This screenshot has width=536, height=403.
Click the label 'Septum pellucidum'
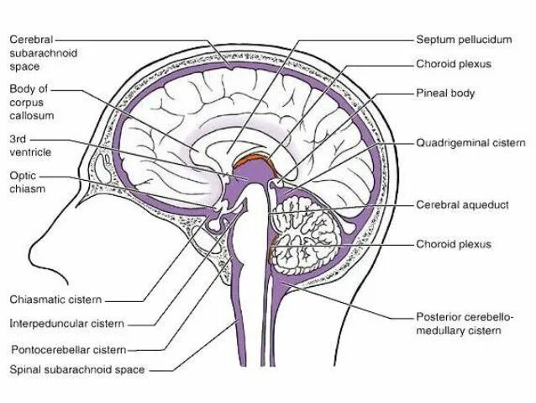click(x=465, y=40)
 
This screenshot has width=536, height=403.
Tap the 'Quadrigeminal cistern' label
click(x=470, y=142)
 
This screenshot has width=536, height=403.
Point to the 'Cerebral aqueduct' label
click(x=462, y=204)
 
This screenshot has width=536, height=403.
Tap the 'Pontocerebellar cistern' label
click(x=68, y=348)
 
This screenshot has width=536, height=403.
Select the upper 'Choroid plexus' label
click(x=453, y=63)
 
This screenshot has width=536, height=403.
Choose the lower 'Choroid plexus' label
click(x=453, y=244)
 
